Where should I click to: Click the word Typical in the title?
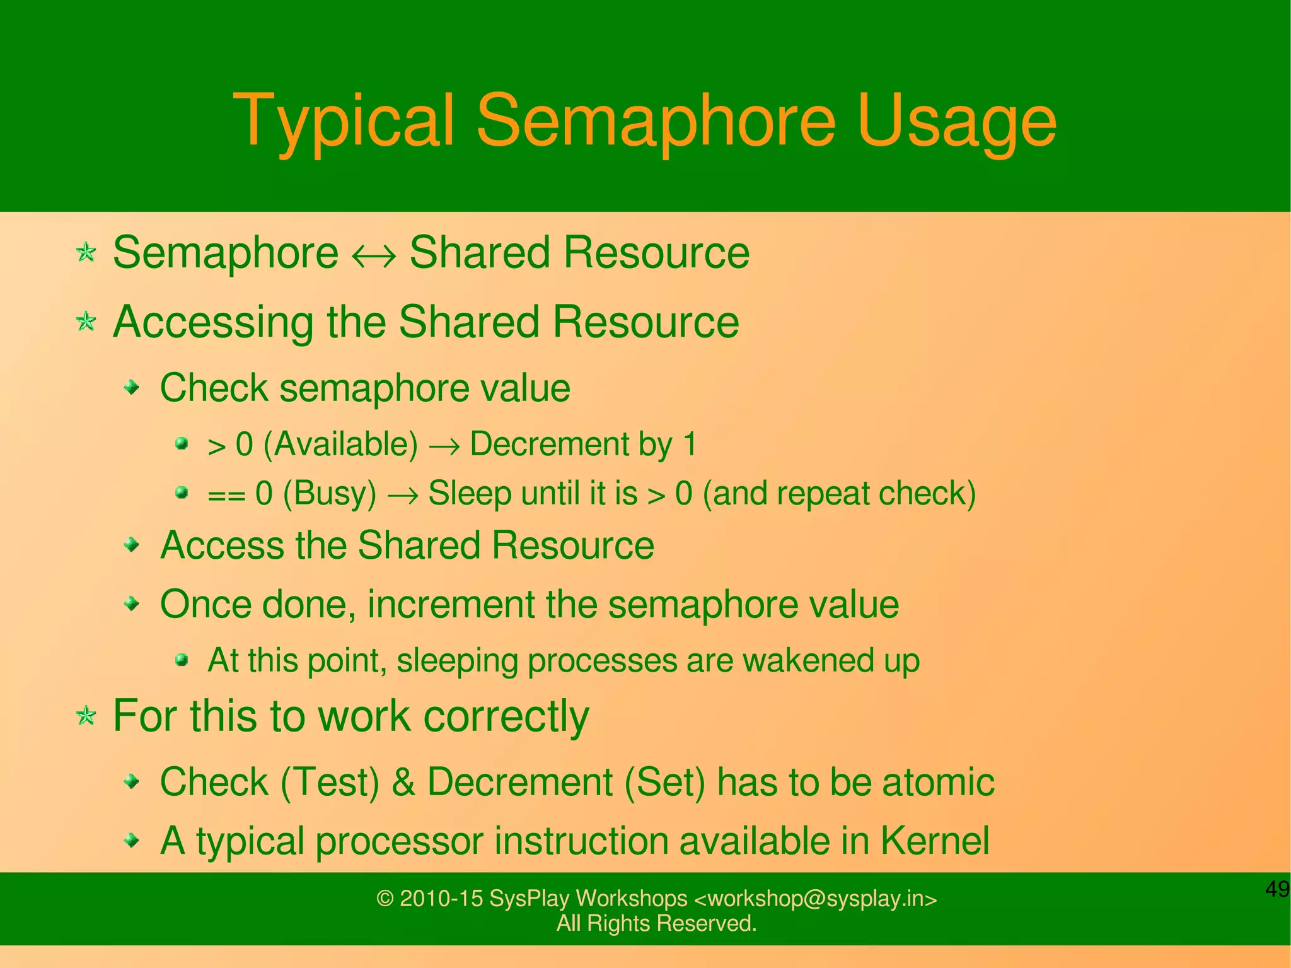click(344, 121)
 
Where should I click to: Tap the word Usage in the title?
click(956, 121)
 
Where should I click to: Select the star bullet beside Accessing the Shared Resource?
click(86, 322)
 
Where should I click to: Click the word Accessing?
click(213, 322)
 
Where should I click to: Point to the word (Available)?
click(340, 444)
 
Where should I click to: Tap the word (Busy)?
click(330, 493)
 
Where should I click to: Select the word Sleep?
click(469, 493)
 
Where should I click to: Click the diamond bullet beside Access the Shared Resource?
click(131, 544)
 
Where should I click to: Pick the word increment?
click(451, 604)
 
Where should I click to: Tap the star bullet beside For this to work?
click(86, 716)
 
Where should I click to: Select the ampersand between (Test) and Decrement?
click(403, 782)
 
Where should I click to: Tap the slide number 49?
click(1277, 889)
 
